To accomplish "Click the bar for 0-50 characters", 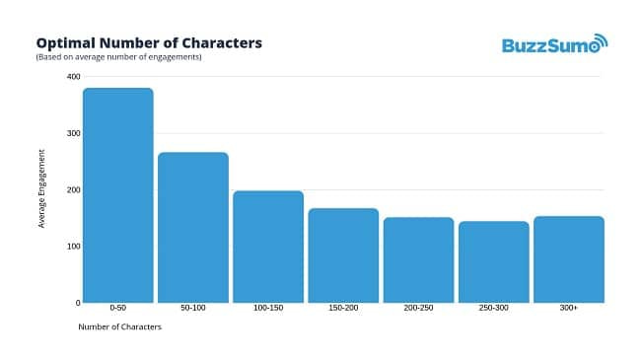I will coord(118,195).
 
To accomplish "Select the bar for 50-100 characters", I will coord(193,227).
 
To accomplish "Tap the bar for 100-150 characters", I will coord(268,247).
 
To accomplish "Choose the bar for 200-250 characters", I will coord(418,259).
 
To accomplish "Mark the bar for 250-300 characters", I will coord(493,261).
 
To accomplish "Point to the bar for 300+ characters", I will coord(568,258).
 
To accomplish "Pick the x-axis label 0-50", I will coord(118,309).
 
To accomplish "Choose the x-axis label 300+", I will coord(569,309).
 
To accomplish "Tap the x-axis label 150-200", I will coord(343,309).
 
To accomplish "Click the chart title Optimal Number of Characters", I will coord(149,43).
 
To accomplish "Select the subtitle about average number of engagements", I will coord(118,57).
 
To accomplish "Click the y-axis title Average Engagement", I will coord(41,188).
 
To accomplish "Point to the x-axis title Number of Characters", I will coord(119,327).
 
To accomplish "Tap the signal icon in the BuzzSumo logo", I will coord(601,39).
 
